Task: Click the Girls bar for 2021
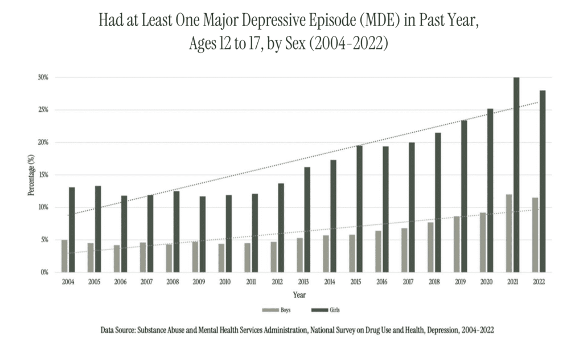[x=516, y=175]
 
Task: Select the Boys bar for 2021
[x=509, y=234]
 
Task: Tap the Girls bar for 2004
[x=72, y=230]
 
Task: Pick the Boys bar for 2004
[x=64, y=256]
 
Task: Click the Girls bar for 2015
[x=359, y=208]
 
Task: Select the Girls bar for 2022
[x=543, y=181]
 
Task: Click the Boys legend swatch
[x=270, y=310]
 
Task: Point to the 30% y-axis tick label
[x=43, y=77]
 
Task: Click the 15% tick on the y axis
[x=43, y=175]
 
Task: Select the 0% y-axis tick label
[x=44, y=272]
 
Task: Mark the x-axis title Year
[x=299, y=295]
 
